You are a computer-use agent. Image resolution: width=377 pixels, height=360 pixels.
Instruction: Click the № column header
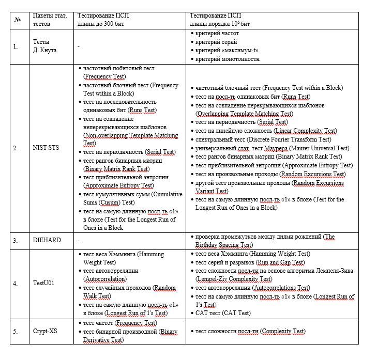pyautogui.click(x=18, y=20)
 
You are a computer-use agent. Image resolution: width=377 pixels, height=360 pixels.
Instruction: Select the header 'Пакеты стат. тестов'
pyautogui.click(x=50, y=20)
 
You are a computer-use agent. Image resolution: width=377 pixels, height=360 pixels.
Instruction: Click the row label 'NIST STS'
pyautogui.click(x=46, y=148)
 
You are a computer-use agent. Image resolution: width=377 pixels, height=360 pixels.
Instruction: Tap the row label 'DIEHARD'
pyautogui.click(x=47, y=240)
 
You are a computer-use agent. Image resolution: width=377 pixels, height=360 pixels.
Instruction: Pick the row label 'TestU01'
pyautogui.click(x=44, y=283)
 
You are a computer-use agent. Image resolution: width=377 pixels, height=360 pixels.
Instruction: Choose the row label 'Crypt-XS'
pyautogui.click(x=46, y=331)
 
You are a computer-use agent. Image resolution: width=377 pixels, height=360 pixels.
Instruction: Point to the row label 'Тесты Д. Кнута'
pyautogui.click(x=44, y=46)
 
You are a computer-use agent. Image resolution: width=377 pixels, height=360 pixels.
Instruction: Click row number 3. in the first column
pyautogui.click(x=16, y=240)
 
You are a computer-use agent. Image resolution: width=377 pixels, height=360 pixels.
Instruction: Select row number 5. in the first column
pyautogui.click(x=16, y=331)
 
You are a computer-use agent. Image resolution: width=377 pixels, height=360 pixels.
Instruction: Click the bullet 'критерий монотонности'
pyautogui.click(x=228, y=59)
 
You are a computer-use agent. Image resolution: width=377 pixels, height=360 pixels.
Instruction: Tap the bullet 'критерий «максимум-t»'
pyautogui.click(x=227, y=51)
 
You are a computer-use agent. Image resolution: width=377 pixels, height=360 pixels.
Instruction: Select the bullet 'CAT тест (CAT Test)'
pyautogui.click(x=223, y=313)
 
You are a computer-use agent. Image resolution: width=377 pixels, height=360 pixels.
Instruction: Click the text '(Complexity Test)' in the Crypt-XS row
pyautogui.click(x=282, y=331)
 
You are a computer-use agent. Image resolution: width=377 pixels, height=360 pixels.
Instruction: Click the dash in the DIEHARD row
pyautogui.click(x=78, y=240)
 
